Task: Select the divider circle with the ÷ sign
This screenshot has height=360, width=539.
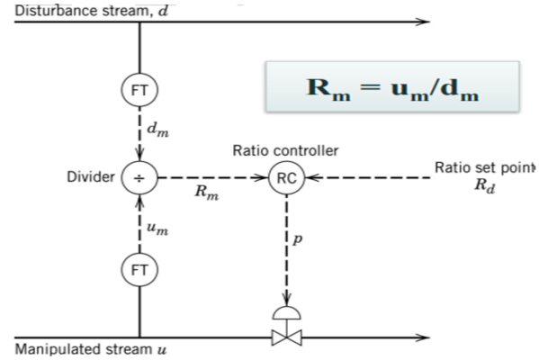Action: click(x=139, y=178)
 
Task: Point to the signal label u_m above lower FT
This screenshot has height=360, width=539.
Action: click(x=157, y=229)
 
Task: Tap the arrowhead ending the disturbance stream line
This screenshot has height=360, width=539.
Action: click(x=423, y=22)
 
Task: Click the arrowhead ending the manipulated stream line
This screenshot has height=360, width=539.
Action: click(x=423, y=339)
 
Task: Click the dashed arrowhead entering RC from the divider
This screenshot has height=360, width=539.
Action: click(x=265, y=178)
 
